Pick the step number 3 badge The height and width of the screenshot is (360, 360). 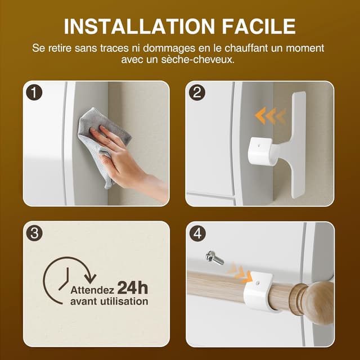35,233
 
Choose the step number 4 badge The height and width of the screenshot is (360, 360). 197,233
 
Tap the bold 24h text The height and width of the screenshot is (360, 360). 133,289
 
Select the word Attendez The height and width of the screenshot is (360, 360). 93,290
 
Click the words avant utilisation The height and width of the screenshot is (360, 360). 109,301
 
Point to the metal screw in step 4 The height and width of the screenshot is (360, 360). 214,258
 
